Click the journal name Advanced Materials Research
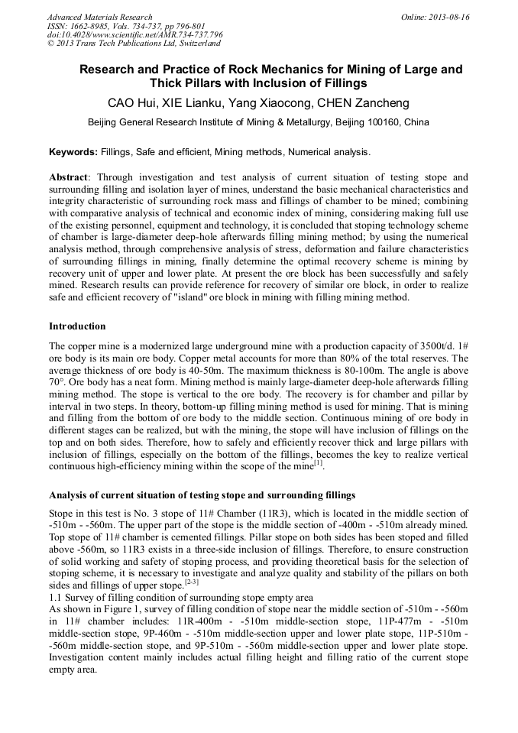point(99,17)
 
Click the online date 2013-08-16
point(449,17)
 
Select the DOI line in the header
point(135,35)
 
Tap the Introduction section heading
point(77,326)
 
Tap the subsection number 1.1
point(56,596)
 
